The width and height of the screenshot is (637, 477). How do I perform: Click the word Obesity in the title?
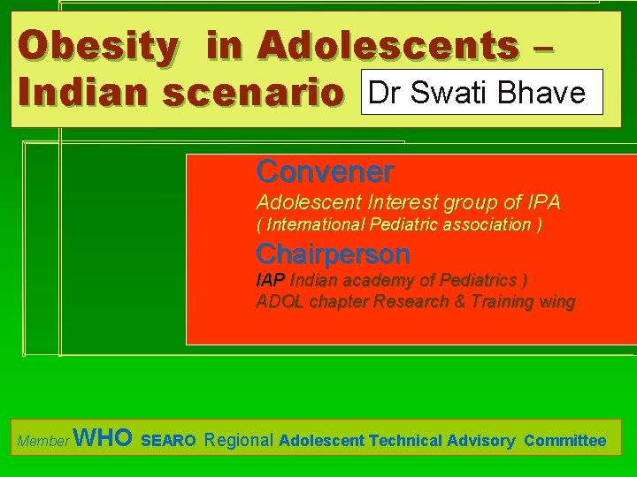click(x=98, y=47)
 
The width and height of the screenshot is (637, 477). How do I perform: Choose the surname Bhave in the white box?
click(x=544, y=92)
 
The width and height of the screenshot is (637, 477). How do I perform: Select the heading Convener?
click(x=325, y=170)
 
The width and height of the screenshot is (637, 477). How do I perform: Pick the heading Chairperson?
click(x=333, y=254)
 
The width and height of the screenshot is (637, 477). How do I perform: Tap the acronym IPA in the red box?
click(x=539, y=202)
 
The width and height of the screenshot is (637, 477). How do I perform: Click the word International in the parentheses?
click(x=315, y=225)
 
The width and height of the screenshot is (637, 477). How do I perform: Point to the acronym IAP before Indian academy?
click(x=271, y=281)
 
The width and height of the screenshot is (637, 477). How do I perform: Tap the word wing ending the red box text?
click(x=555, y=302)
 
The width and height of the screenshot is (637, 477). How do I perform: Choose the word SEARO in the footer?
click(x=168, y=441)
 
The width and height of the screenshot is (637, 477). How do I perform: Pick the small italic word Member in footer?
click(x=43, y=442)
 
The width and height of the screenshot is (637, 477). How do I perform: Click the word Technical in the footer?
click(x=406, y=440)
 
